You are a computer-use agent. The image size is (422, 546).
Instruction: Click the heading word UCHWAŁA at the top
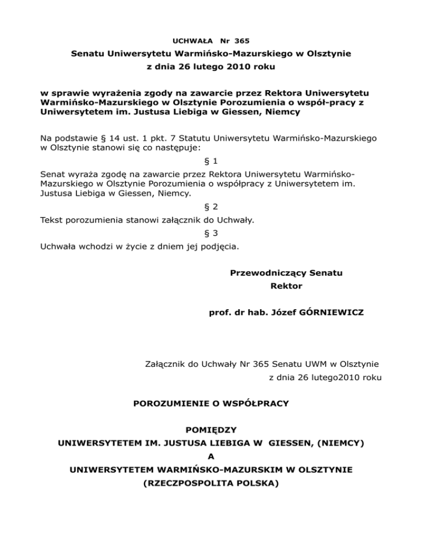188,41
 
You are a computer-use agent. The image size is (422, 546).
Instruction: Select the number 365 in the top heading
241,41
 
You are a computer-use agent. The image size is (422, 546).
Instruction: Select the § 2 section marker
211,208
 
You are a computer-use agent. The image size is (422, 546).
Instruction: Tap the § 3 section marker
211,233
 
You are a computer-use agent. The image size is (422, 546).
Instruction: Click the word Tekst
52,220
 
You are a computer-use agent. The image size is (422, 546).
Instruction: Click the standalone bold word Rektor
286,286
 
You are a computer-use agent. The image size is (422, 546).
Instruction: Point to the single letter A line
211,458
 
